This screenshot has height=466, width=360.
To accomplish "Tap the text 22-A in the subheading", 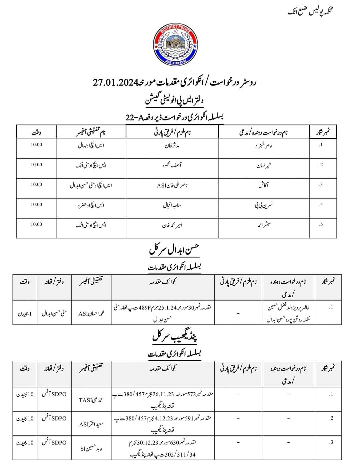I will tap(133, 117).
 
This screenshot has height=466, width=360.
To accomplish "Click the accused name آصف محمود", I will tap(172, 165).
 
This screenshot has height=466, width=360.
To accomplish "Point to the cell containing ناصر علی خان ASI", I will tap(172, 185).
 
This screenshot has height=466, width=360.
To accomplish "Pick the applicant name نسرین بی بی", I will tap(264, 205).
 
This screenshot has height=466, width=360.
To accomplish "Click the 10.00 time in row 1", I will tap(36, 145).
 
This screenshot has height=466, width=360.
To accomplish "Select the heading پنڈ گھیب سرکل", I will tap(175, 337).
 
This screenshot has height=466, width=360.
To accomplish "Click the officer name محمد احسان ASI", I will tap(91, 313).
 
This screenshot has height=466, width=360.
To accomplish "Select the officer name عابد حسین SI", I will tap(91, 448).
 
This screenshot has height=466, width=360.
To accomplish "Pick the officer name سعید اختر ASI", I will tap(91, 424).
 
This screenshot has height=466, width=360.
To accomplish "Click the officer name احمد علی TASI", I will tap(91, 400).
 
